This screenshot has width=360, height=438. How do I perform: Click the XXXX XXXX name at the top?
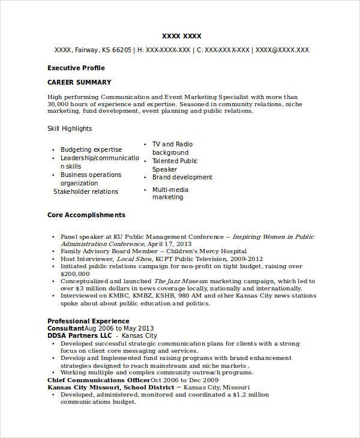[182, 35]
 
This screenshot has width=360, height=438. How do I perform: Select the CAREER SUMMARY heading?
[79, 82]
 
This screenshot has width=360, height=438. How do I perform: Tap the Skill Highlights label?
[70, 128]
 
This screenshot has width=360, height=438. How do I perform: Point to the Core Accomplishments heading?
[86, 214]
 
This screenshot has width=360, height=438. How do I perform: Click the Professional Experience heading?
[88, 321]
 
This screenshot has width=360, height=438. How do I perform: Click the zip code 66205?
[121, 50]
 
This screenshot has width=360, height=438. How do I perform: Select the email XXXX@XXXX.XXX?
[282, 50]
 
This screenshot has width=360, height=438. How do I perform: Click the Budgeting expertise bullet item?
[91, 149]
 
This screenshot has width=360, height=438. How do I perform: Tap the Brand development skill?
[182, 178]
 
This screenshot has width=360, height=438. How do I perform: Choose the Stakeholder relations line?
[86, 192]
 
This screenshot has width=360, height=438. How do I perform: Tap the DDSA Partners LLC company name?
[80, 336]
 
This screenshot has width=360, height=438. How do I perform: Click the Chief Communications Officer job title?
[98, 380]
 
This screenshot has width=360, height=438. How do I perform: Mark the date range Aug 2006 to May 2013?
[119, 329]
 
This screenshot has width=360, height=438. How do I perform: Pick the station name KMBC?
[120, 296]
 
